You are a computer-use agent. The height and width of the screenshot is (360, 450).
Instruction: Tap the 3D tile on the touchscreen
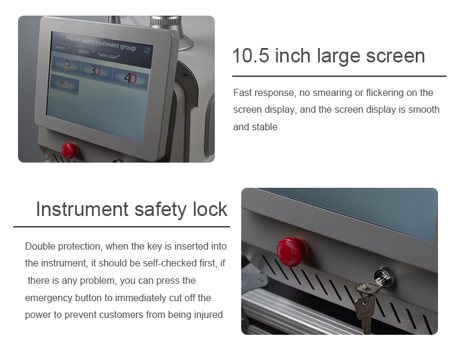pos(95,70)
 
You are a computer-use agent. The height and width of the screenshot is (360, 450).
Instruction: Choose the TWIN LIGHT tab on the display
pos(109,56)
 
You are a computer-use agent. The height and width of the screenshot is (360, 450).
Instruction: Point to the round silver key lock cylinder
pos(383,277)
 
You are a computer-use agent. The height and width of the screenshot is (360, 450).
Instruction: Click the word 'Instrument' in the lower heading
pos(82,209)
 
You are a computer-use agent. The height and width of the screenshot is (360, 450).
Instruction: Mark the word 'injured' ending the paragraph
pos(207,314)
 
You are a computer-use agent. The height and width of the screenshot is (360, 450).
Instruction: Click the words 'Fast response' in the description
pos(260,92)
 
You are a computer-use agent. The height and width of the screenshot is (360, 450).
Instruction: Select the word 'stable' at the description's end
pos(265,127)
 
